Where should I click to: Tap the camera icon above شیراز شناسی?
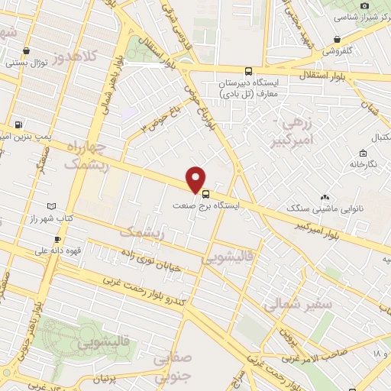pyautogui.click(x=365, y=5)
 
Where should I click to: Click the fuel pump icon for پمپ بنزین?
pyautogui.click(x=18, y=124)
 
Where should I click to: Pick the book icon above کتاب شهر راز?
pyautogui.click(x=50, y=206)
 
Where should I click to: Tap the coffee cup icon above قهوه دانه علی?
pyautogui.click(x=57, y=238)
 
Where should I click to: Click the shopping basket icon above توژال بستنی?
pyautogui.click(x=27, y=50)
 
